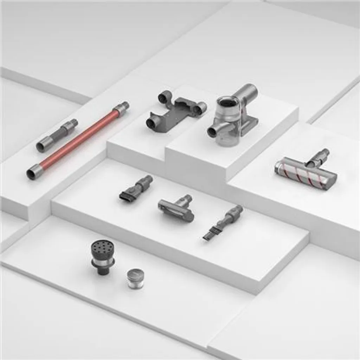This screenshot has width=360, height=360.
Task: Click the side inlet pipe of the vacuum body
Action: [x=213, y=132]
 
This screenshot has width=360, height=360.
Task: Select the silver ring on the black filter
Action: [x=103, y=263]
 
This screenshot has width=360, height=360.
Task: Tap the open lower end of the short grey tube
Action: [x=41, y=147]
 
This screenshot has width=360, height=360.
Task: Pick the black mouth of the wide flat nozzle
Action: [x=127, y=197]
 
